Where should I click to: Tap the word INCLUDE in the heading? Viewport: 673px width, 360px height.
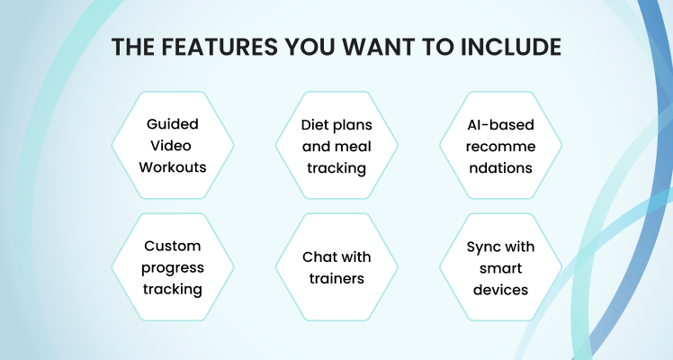(x=511, y=47)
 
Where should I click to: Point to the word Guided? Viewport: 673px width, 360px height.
(x=173, y=124)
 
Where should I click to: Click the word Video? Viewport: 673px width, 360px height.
(x=171, y=146)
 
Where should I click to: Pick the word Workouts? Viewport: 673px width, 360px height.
(x=173, y=166)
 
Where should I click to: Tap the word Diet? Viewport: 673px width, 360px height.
(x=311, y=125)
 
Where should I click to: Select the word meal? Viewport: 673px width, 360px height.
(x=354, y=147)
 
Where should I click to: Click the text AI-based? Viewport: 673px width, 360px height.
(x=500, y=125)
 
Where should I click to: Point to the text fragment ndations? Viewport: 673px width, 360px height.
(x=500, y=167)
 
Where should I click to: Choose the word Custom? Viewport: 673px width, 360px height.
(x=173, y=246)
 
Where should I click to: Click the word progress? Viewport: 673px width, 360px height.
(x=173, y=268)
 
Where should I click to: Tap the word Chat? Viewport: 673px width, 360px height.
(x=318, y=257)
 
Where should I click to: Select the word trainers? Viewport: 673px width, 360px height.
(x=336, y=278)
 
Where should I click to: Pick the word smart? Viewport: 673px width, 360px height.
(x=500, y=268)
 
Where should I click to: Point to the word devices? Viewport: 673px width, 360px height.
(x=500, y=290)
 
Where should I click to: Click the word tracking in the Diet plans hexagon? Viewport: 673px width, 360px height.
(x=336, y=168)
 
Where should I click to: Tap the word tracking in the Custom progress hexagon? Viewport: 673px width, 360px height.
(x=173, y=290)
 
